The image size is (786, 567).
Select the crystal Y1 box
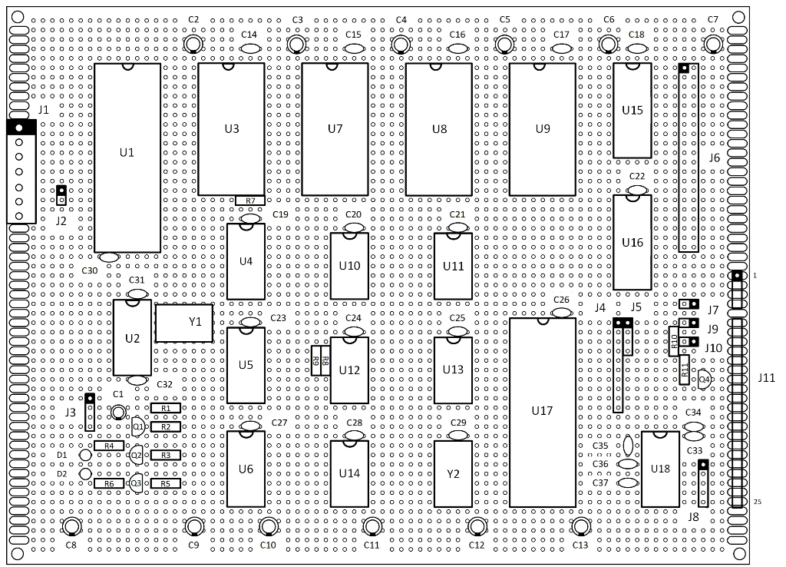pyautogui.click(x=184, y=323)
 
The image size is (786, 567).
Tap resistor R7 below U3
pyautogui.click(x=250, y=201)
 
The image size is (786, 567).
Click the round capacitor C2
pyautogui.click(x=193, y=45)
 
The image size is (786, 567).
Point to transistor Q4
pyautogui.click(x=705, y=380)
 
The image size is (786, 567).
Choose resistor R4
pyautogui.click(x=109, y=446)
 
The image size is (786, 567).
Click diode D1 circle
pyautogui.click(x=86, y=455)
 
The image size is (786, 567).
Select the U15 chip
pyautogui.click(x=632, y=111)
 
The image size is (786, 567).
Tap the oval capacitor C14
pyautogui.click(x=249, y=48)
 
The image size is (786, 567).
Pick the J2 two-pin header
pyautogui.click(x=61, y=195)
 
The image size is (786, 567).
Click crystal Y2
pyautogui.click(x=453, y=474)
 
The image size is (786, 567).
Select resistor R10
pyautogui.click(x=674, y=342)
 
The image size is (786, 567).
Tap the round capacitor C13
pyautogui.click(x=580, y=526)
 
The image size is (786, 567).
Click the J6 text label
pyautogui.click(x=715, y=157)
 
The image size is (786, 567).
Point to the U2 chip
pyautogui.click(x=132, y=338)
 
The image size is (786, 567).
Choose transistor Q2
pyautogui.click(x=136, y=455)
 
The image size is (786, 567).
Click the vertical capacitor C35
pyautogui.click(x=628, y=445)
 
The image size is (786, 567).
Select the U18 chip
pyautogui.click(x=660, y=469)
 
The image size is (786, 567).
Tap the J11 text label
pyautogui.click(x=767, y=378)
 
